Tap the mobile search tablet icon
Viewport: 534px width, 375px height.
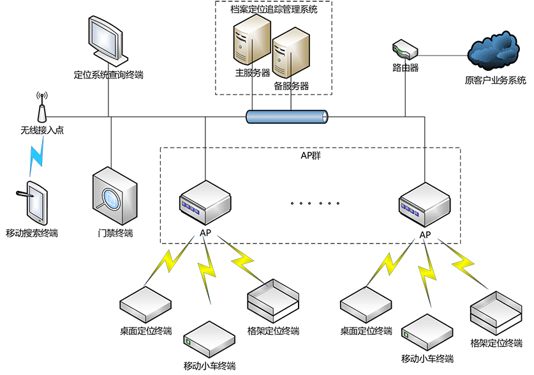pyautogui.click(x=35, y=203)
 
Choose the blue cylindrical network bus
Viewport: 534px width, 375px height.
pyautogui.click(x=288, y=116)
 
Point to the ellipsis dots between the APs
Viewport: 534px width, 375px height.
pyautogui.click(x=315, y=204)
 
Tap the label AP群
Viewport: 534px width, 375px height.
pyautogui.click(x=311, y=155)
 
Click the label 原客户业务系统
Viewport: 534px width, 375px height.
pyautogui.click(x=496, y=80)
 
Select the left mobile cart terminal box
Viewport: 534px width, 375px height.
pyautogui.click(x=209, y=339)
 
